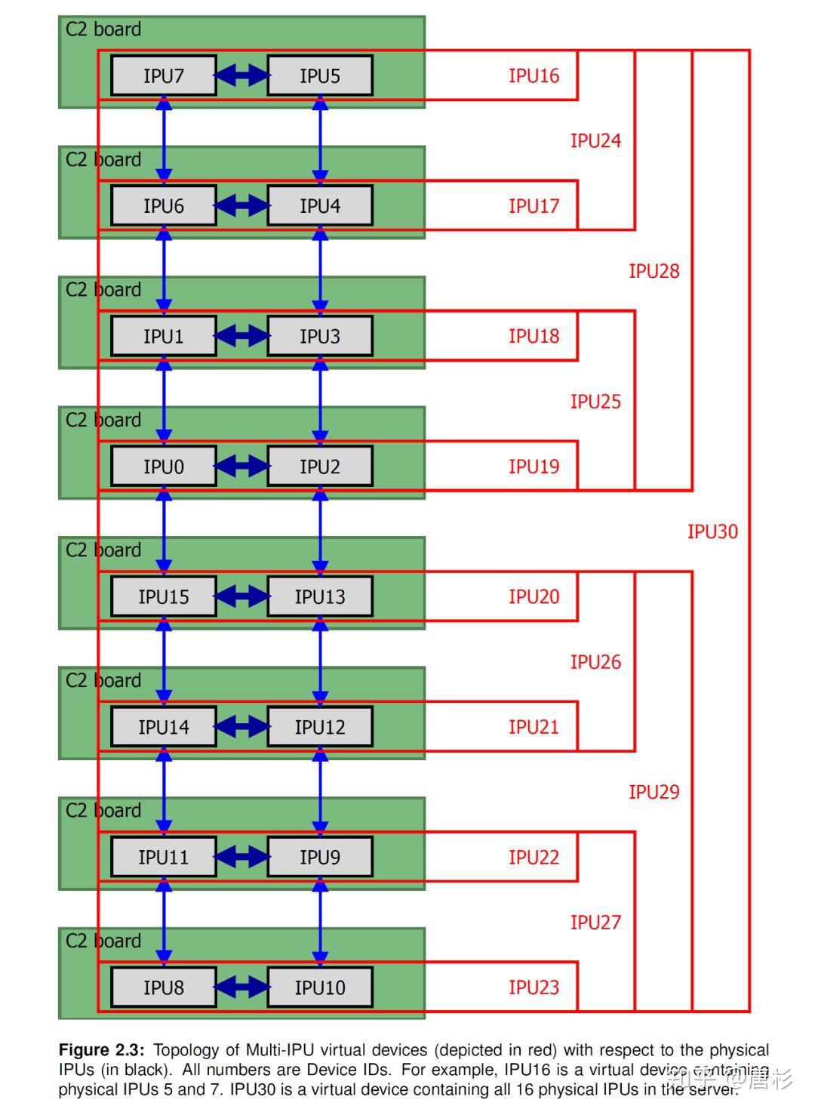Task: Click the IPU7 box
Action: point(163,75)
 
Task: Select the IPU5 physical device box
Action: point(320,75)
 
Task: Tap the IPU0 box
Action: point(163,466)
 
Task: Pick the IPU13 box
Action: point(320,596)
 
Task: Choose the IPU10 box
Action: point(320,987)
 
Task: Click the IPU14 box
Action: point(163,727)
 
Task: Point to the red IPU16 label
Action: point(534,75)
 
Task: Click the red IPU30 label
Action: point(712,531)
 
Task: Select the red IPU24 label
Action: point(595,140)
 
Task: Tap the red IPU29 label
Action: point(654,792)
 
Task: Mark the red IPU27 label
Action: point(595,923)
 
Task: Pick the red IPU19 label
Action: point(534,466)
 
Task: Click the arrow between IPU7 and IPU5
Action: point(242,75)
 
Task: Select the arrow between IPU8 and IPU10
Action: point(242,987)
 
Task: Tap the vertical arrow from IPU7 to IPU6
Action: point(163,140)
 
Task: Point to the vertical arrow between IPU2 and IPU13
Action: point(320,531)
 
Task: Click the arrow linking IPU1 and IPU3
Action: point(242,336)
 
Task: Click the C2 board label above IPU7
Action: point(103,29)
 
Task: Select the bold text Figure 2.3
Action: point(101,1050)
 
